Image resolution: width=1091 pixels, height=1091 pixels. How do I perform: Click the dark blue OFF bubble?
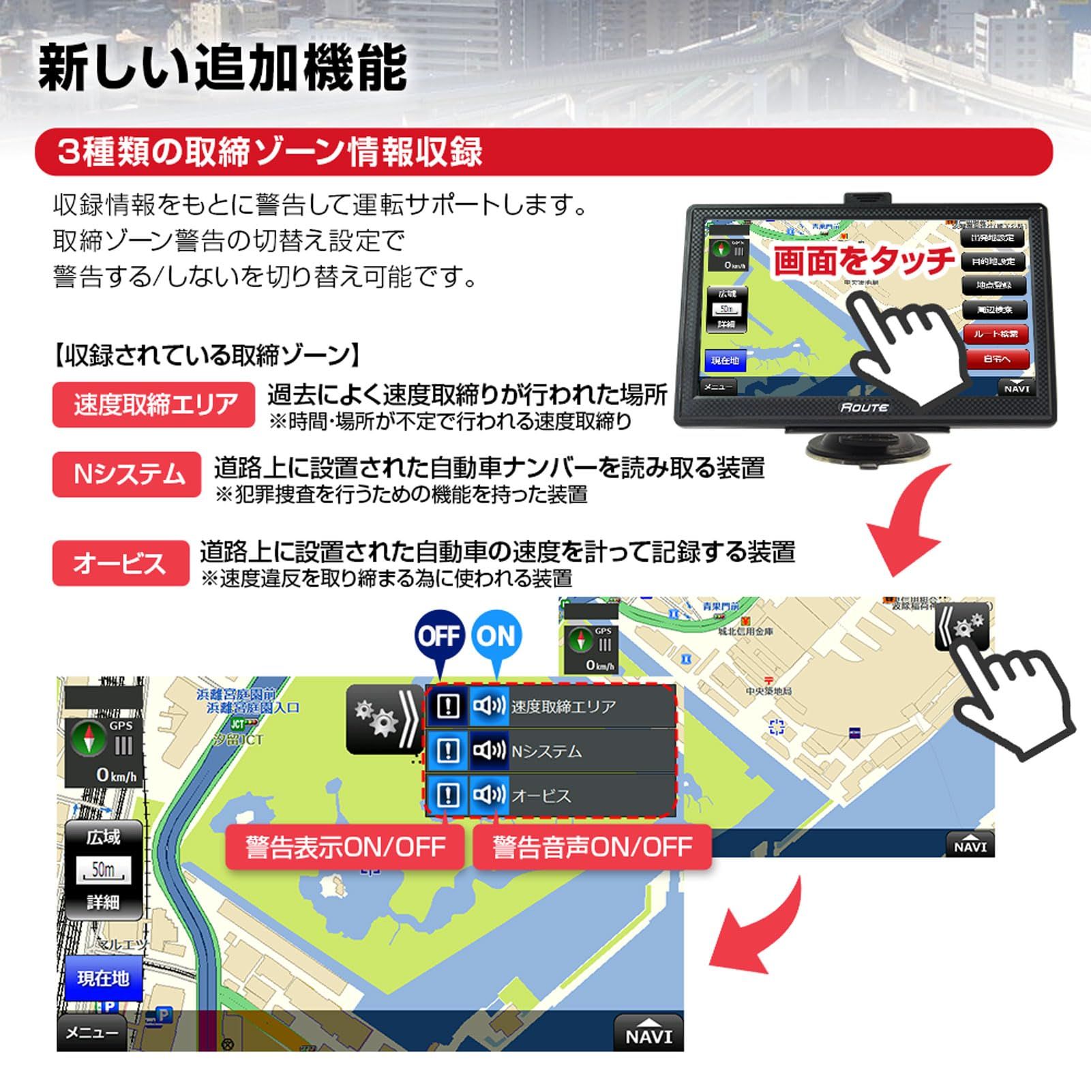point(439,636)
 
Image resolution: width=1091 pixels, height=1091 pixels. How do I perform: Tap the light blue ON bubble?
point(496,636)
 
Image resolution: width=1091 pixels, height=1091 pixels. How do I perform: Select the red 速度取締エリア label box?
point(154,404)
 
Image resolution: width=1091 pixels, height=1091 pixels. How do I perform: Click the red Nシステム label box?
point(127,474)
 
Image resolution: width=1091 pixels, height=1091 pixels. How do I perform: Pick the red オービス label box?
point(121,563)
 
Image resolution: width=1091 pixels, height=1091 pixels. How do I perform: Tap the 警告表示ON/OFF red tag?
point(345,847)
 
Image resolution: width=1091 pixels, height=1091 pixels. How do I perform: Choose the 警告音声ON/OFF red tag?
point(592,847)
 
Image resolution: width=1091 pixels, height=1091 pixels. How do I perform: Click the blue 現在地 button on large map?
point(103,978)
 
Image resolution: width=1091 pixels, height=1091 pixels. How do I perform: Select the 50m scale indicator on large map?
point(103,870)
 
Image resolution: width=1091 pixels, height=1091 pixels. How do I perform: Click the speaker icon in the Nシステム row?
point(488,751)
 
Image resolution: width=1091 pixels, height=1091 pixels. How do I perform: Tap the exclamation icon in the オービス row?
point(447,794)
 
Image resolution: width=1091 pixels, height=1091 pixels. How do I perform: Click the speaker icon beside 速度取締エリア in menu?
point(488,706)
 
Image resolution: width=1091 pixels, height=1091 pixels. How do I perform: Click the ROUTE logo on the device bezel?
point(864,407)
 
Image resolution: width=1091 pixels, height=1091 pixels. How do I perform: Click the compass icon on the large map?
point(89,740)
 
